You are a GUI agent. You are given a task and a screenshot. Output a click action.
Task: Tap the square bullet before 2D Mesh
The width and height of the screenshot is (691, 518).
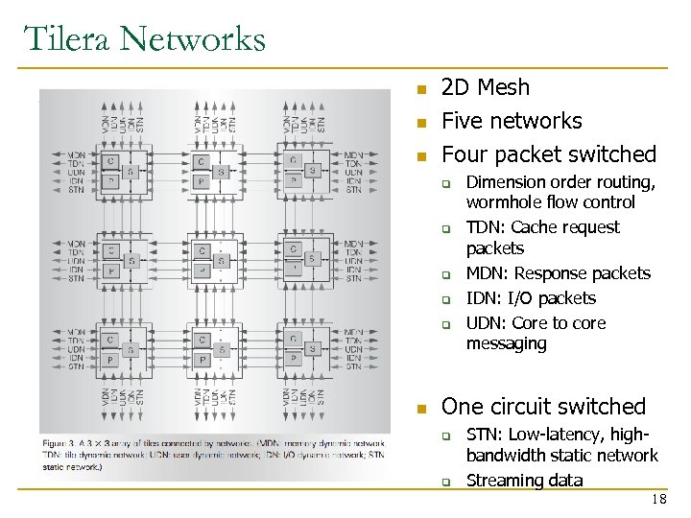pos(419,90)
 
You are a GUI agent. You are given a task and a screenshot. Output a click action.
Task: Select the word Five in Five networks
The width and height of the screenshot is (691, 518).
pos(462,121)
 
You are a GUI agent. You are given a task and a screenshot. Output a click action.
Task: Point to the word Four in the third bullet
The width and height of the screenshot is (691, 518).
pos(463,154)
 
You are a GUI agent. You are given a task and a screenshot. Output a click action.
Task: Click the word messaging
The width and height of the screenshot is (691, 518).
pos(506,343)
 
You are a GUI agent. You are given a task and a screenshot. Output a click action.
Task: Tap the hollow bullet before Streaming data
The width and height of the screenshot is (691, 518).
pos(446,482)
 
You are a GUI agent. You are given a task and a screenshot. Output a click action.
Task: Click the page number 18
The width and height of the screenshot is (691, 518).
pos(658,501)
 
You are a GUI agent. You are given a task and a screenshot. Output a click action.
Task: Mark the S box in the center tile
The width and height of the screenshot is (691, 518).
pos(221,260)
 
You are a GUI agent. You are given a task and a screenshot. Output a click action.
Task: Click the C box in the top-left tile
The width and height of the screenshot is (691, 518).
pos(111,161)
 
